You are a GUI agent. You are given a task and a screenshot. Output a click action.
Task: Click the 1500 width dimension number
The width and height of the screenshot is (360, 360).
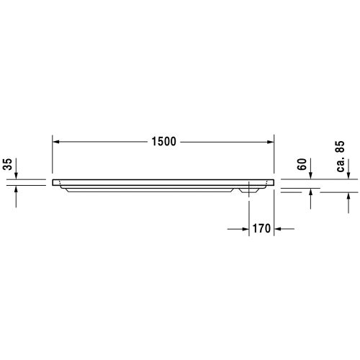pos(164,141)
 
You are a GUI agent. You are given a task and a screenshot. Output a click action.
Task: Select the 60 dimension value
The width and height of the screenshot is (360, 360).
pos(303,164)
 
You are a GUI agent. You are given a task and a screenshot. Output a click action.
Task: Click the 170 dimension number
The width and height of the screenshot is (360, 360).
pos(261,230)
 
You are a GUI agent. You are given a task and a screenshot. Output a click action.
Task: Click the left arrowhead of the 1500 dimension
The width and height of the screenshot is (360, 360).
pos(57,141)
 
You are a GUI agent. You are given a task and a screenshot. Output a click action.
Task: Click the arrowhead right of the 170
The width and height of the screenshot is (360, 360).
pos(280,230)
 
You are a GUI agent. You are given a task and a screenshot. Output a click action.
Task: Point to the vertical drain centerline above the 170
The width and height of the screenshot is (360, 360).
pos(249,209)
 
